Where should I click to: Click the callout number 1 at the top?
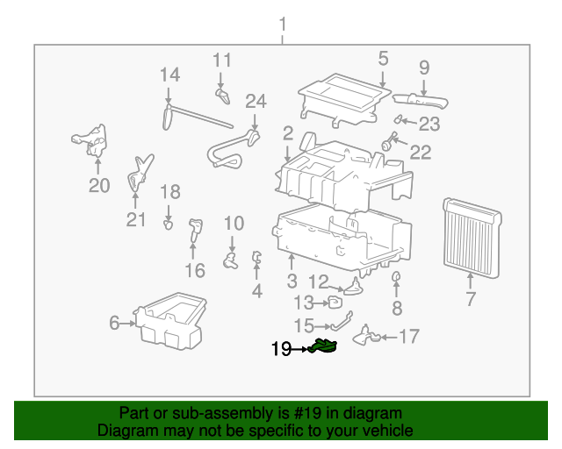click(x=283, y=23)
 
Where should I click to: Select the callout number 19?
click(x=281, y=349)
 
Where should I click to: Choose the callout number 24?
click(x=255, y=101)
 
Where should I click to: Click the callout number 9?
click(x=424, y=67)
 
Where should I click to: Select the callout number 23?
click(x=429, y=124)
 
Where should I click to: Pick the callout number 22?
click(x=421, y=153)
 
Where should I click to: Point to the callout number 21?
click(x=135, y=219)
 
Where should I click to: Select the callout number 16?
click(x=194, y=269)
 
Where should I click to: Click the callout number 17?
click(x=409, y=336)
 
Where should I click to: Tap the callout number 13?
click(x=303, y=303)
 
